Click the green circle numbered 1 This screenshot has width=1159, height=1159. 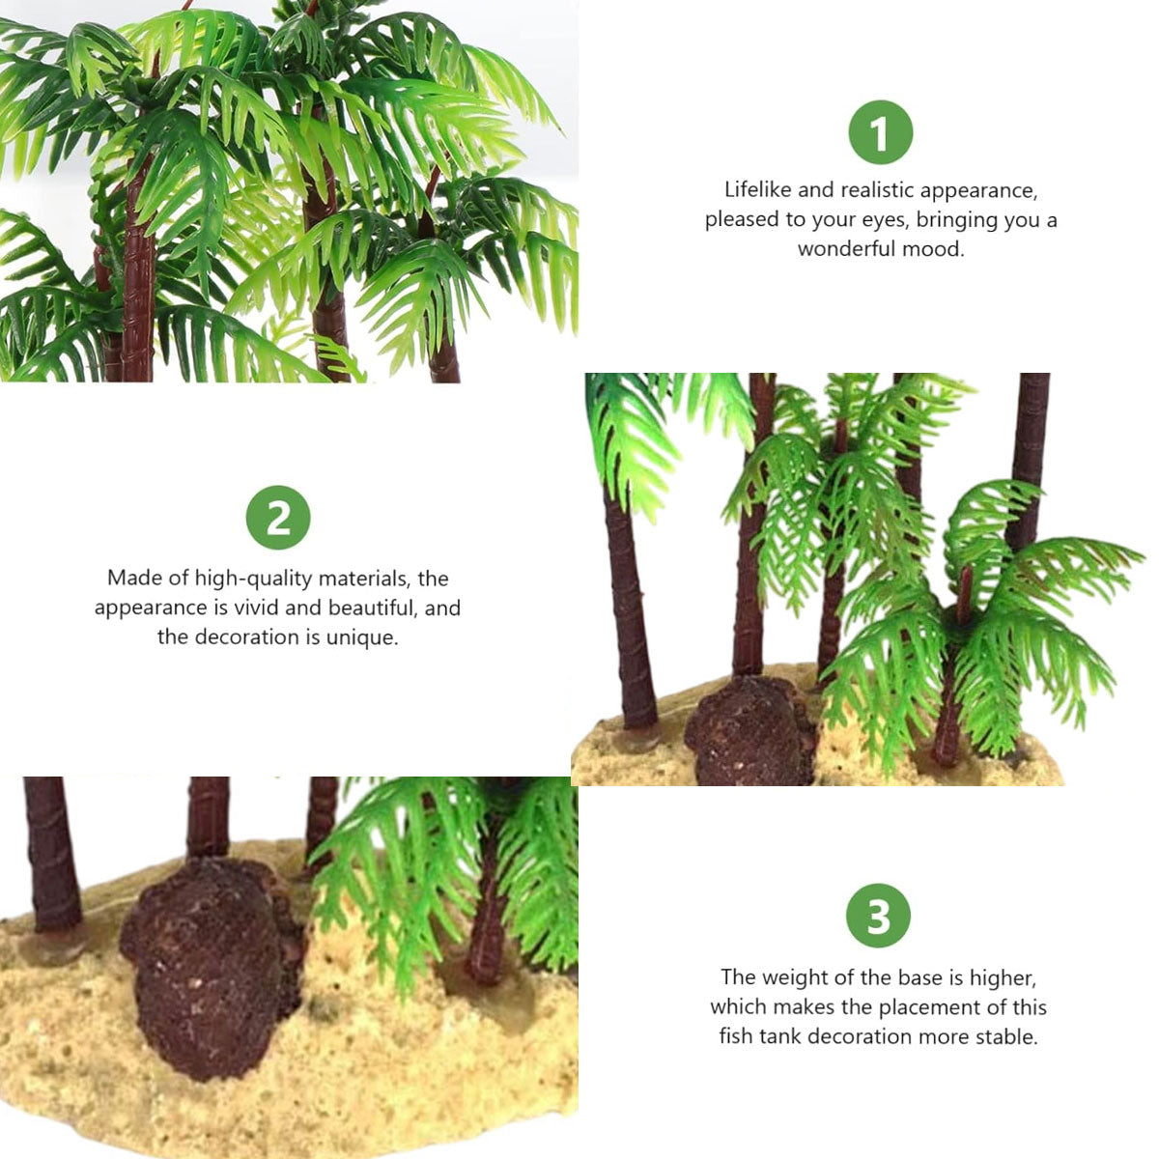click(x=880, y=132)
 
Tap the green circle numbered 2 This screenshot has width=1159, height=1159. click(x=278, y=518)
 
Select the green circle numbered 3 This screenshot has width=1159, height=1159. click(x=878, y=916)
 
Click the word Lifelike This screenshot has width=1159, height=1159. click(x=758, y=190)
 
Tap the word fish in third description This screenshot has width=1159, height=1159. click(x=735, y=1037)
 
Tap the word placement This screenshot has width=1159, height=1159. click(x=927, y=1007)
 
